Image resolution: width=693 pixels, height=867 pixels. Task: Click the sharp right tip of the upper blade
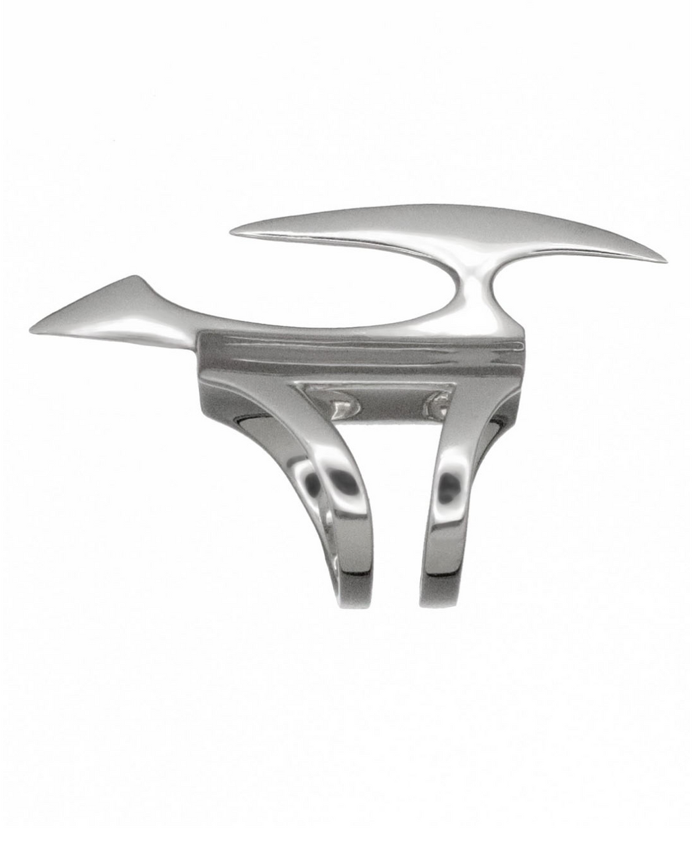pos(665,260)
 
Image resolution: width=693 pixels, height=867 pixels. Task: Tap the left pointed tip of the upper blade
pos(233,234)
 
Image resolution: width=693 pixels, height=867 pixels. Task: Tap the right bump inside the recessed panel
pos(433,406)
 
